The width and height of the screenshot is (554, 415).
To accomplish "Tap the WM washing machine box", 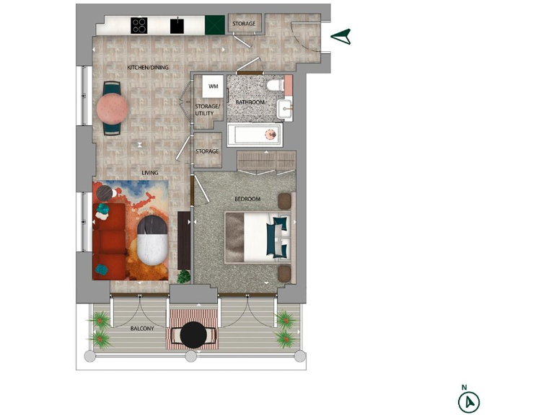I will point(213,86).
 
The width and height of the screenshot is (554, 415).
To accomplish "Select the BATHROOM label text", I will point(250,103).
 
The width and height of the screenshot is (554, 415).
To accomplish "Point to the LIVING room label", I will point(149,173).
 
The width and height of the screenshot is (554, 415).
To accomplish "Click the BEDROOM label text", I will point(247,199).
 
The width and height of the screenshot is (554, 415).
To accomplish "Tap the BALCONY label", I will point(142,329).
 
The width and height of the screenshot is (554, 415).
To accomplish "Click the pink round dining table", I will point(113,109).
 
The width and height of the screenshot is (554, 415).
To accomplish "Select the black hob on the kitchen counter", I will point(139,26).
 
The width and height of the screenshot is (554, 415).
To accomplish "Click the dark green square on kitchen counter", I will point(214,26).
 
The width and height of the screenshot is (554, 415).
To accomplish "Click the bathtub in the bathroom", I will point(254,134).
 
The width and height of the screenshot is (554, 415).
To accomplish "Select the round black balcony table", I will point(193,334).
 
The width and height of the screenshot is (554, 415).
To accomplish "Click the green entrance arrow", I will point(341,37).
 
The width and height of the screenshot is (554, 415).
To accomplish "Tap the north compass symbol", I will point(469,401).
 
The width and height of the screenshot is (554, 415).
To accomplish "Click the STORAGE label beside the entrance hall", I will point(244,24).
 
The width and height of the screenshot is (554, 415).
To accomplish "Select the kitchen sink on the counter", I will point(176,26).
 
